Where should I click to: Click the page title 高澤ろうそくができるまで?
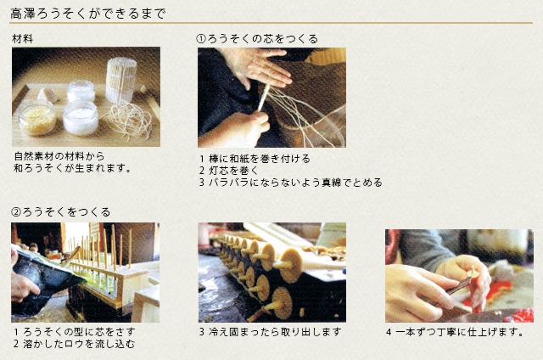click(88, 14)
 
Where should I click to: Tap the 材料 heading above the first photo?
click(23, 39)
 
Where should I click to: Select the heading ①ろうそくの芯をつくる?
click(256, 38)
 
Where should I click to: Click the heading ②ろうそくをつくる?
click(60, 211)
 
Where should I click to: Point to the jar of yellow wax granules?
click(36, 117)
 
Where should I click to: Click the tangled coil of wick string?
click(130, 120)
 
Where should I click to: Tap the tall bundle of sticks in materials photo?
click(121, 81)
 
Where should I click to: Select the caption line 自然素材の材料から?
click(59, 156)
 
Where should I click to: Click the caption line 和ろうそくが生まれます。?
click(72, 168)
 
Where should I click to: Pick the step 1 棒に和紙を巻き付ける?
click(255, 159)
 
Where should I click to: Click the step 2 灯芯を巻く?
click(229, 171)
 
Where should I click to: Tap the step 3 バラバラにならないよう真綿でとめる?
click(291, 183)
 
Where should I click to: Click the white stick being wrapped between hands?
click(264, 98)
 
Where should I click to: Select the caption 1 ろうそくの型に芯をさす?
click(74, 332)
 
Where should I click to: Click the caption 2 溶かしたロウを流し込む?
click(74, 344)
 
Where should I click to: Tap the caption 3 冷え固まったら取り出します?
click(270, 332)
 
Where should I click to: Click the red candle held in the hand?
click(475, 292)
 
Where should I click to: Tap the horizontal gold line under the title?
click(271, 23)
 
